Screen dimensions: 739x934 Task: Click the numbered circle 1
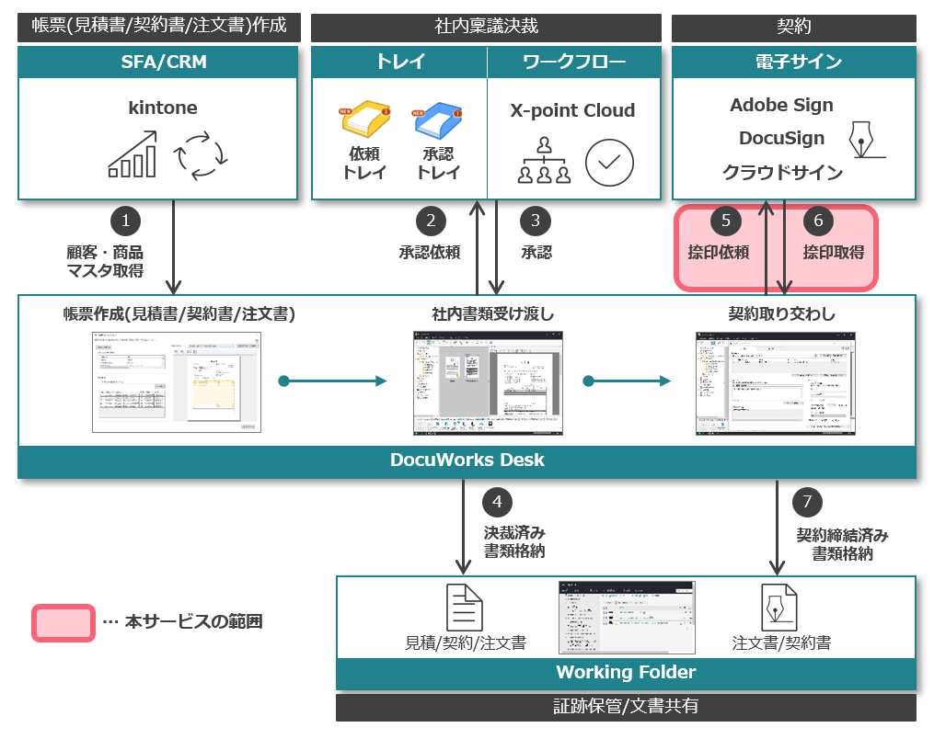(125, 221)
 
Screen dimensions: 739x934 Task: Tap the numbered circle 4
(497, 502)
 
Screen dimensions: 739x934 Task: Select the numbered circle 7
(807, 502)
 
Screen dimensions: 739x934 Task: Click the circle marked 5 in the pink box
(726, 221)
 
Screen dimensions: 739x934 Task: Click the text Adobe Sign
(781, 105)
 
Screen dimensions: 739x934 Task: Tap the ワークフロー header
(573, 63)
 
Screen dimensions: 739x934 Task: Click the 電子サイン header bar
(793, 63)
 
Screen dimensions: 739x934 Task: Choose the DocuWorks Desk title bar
(467, 460)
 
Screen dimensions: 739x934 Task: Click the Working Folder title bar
(626, 672)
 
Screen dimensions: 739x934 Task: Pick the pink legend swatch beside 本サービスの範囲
(63, 622)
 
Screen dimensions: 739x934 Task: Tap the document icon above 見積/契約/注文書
(465, 607)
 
